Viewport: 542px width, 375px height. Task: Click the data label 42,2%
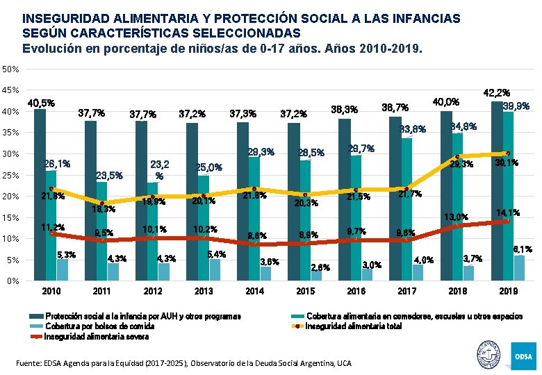[496, 92]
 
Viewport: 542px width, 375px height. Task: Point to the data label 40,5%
[41, 103]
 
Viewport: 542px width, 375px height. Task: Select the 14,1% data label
[507, 212]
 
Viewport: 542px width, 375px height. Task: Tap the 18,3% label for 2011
[105, 208]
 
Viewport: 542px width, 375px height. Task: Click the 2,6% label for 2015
[320, 267]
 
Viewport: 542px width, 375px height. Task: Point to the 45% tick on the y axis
[10, 90]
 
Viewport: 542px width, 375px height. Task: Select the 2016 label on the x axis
[356, 291]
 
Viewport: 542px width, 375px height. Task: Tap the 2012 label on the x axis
[152, 291]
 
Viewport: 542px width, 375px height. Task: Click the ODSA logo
[523, 356]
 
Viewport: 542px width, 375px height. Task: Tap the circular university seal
[489, 355]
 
